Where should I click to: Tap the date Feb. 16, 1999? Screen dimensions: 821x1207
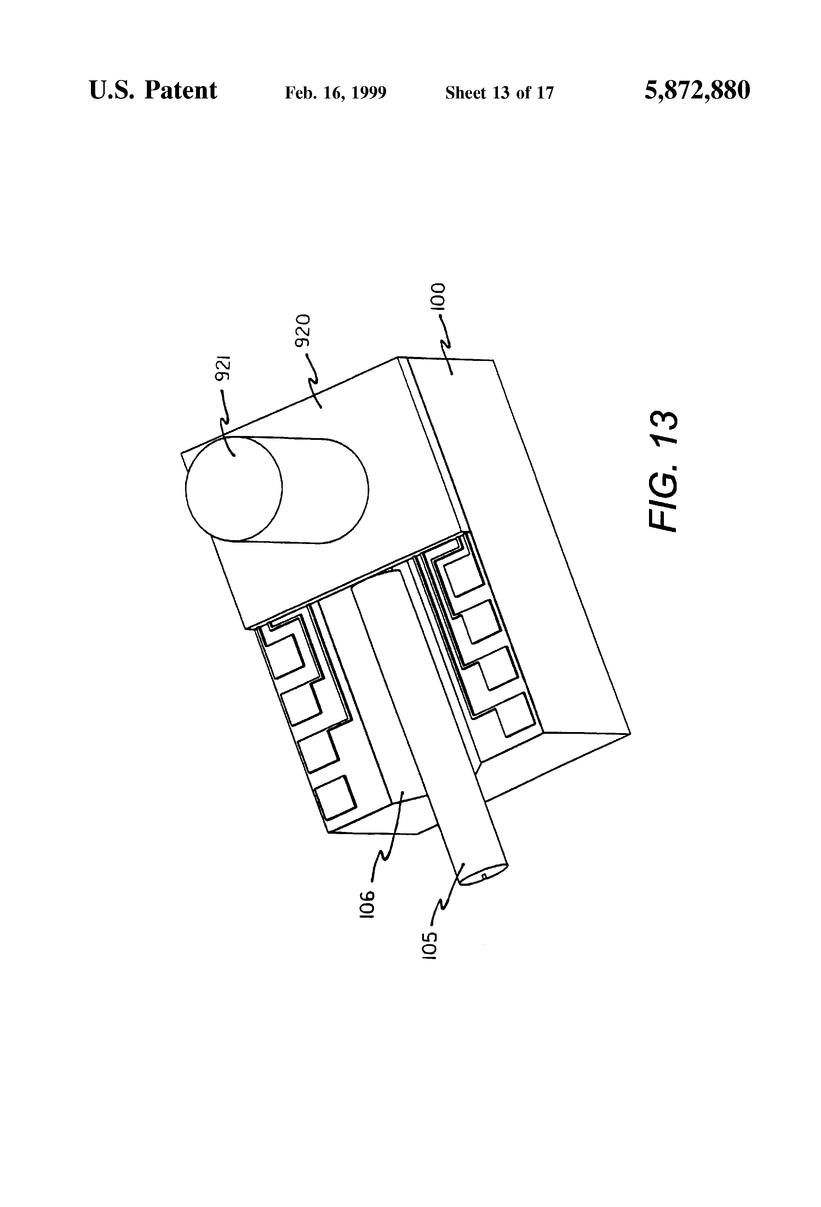point(335,93)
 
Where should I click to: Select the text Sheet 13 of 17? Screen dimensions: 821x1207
point(499,93)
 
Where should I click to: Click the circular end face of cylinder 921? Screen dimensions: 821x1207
point(234,488)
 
